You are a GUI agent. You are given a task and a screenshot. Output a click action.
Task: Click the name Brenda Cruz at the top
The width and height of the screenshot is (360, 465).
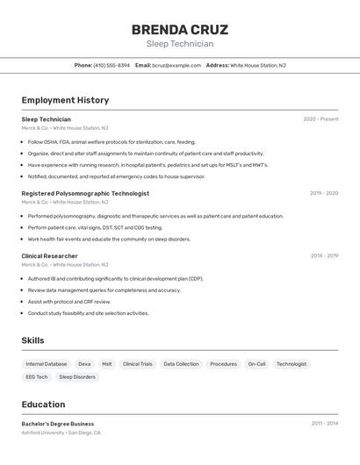click(x=180, y=29)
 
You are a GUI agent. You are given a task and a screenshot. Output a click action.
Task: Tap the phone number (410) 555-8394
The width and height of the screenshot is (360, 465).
click(x=112, y=65)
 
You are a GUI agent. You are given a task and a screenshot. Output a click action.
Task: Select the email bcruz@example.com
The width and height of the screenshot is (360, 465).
click(x=176, y=65)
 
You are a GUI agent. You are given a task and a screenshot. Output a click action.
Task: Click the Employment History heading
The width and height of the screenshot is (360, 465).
click(x=65, y=100)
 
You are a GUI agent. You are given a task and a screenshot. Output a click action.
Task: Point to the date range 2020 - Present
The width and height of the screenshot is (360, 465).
click(x=320, y=119)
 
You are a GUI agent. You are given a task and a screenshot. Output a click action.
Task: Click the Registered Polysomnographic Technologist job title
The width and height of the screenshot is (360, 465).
click(x=85, y=193)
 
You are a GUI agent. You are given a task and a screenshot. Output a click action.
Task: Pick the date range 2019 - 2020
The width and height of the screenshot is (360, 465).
click(x=324, y=193)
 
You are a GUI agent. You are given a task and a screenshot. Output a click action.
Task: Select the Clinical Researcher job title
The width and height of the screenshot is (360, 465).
click(x=49, y=256)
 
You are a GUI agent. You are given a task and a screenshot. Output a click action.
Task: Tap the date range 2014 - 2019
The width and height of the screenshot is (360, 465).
click(x=324, y=256)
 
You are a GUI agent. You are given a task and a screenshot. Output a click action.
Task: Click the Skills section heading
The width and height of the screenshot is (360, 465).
click(x=32, y=340)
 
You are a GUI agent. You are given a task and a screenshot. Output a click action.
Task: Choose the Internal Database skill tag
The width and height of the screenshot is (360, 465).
click(x=47, y=364)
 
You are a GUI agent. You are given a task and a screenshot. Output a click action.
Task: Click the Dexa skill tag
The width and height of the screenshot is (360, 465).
click(x=84, y=364)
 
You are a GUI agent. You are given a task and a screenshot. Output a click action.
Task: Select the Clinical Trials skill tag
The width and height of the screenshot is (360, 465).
click(x=138, y=364)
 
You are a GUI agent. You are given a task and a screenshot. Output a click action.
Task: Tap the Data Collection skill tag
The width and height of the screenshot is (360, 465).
click(x=181, y=364)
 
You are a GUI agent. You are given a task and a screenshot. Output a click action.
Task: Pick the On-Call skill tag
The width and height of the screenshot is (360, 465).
click(x=256, y=364)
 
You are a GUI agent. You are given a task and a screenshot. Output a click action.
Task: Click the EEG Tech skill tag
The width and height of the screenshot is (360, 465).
click(x=37, y=377)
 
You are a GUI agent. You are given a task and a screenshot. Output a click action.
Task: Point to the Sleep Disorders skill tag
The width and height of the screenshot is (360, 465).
click(x=77, y=377)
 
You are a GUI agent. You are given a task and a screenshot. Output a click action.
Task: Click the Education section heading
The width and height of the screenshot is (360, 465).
click(x=43, y=404)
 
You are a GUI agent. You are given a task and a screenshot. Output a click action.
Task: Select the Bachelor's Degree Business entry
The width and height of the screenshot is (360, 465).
click(x=58, y=424)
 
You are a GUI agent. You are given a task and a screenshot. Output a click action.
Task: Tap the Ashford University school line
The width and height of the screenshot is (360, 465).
click(x=61, y=433)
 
